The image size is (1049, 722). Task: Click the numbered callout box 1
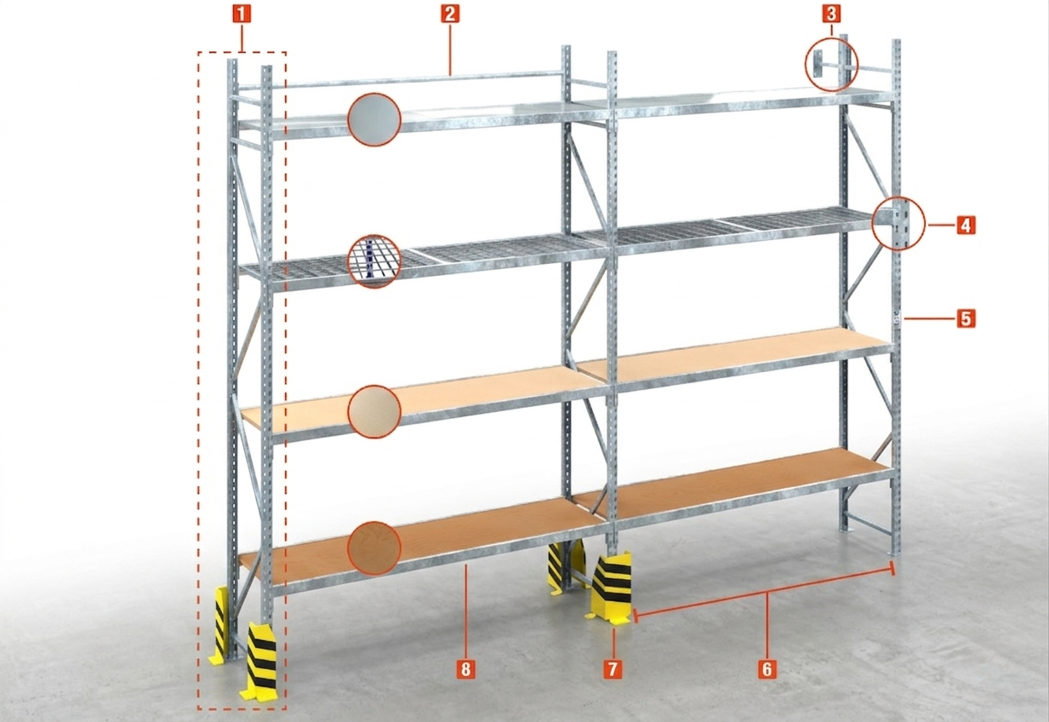tap(241, 14)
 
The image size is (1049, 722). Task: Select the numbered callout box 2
tap(449, 14)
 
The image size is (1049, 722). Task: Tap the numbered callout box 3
tap(831, 14)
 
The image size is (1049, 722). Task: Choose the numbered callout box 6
tap(767, 668)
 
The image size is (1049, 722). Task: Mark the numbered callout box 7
tap(613, 668)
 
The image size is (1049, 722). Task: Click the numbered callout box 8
tap(465, 668)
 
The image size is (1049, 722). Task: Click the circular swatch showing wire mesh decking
tap(374, 261)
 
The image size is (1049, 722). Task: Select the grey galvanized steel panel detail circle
tap(374, 119)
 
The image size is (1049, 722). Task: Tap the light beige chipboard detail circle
tap(374, 411)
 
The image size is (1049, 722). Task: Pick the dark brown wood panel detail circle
tap(374, 547)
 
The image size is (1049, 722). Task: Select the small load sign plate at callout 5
tap(897, 318)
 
